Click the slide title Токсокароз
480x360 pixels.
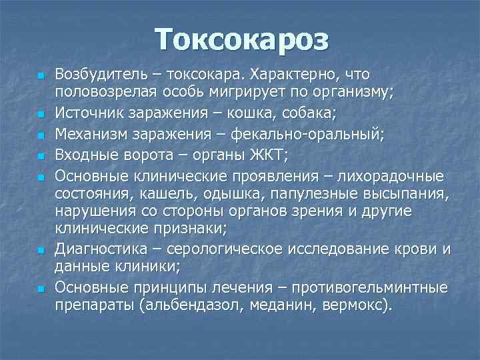(x=242, y=39)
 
